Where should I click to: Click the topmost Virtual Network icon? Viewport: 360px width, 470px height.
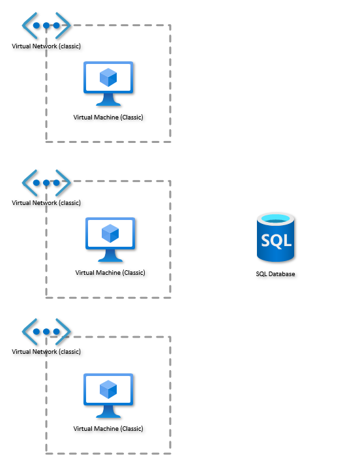point(46,26)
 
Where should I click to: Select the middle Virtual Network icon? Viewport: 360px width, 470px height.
point(46,183)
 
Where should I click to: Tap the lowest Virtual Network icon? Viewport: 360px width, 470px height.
point(46,332)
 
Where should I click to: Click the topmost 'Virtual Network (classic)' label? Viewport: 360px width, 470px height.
point(46,46)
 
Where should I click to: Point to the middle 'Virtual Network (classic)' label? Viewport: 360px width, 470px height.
point(46,203)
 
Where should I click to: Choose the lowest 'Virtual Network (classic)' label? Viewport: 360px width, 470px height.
point(46,352)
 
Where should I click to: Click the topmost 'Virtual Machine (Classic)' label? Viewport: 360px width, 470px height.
point(108,117)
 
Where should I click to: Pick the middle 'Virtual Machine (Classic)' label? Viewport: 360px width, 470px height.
point(110,273)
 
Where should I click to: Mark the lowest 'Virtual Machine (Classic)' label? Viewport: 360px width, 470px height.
point(108,429)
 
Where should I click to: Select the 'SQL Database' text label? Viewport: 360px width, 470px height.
point(275,274)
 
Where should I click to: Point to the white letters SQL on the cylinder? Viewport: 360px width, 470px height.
point(275,240)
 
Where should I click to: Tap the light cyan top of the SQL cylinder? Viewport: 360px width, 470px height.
point(275,219)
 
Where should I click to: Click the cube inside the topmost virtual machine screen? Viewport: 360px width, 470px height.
point(108,78)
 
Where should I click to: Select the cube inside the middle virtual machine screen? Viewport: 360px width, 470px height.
point(110,233)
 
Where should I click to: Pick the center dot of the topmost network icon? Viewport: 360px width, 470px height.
point(46,26)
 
